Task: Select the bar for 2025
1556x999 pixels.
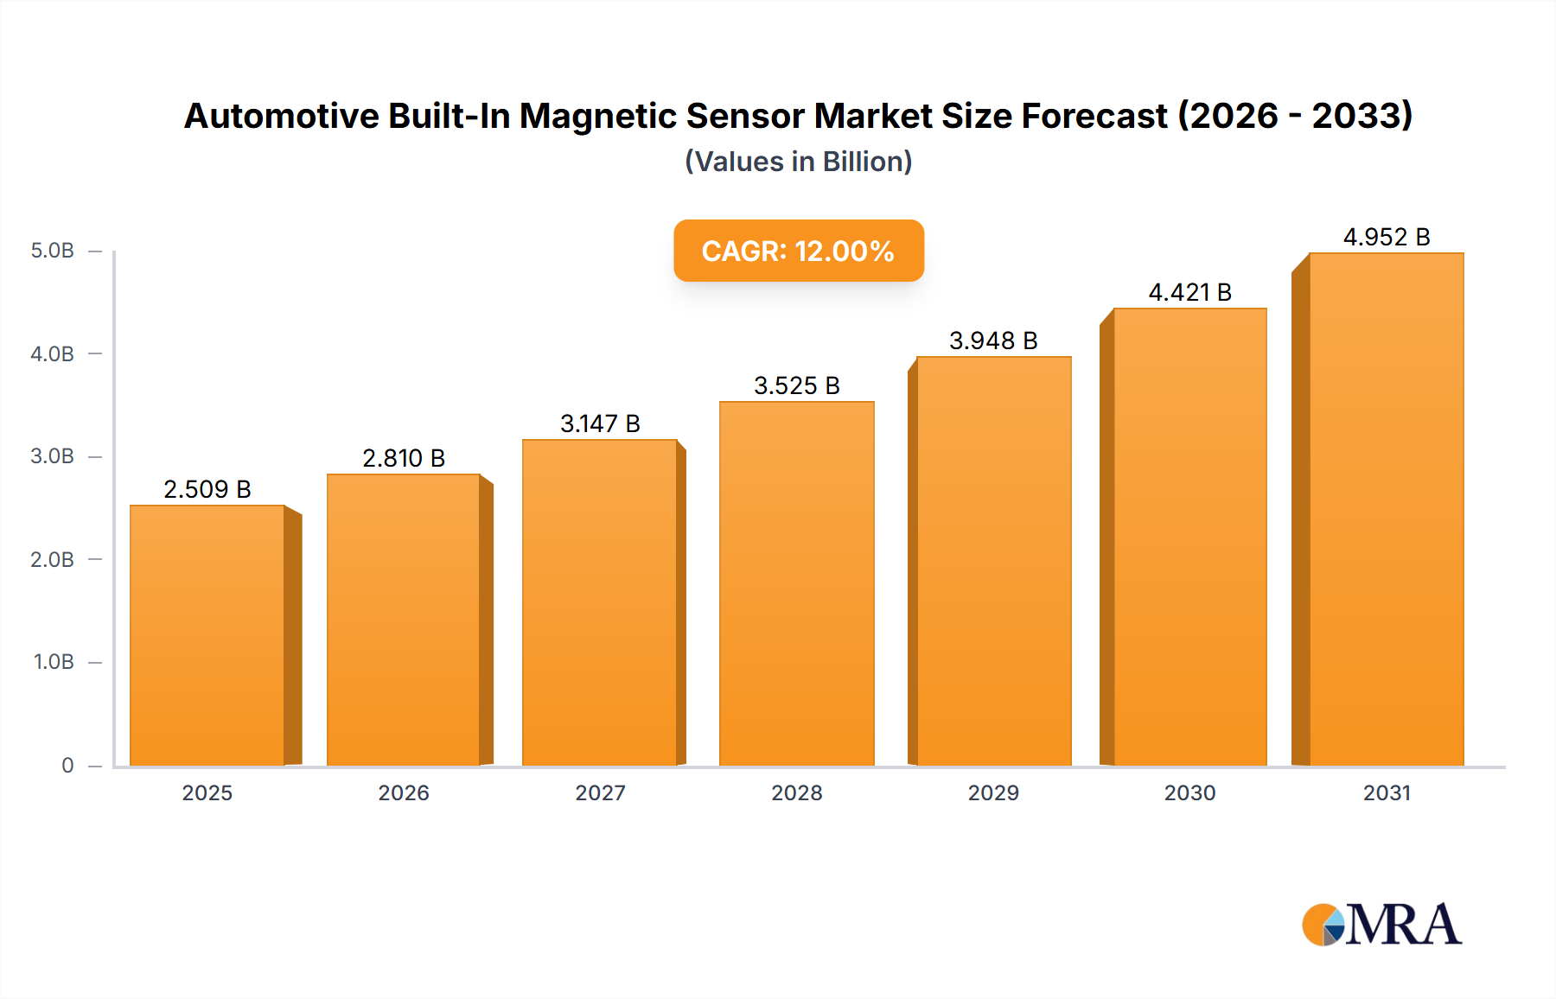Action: [207, 635]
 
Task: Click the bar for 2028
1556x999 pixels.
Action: [796, 583]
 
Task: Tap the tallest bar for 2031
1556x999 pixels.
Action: [1386, 510]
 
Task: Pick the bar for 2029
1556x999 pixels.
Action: [993, 562]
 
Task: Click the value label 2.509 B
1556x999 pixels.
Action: [207, 489]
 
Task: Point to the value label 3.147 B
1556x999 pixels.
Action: [600, 423]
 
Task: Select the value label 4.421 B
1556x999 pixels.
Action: [1189, 292]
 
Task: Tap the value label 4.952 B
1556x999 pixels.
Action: [1386, 237]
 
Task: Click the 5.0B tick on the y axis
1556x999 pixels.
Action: [52, 251]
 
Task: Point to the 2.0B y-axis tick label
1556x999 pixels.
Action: [52, 559]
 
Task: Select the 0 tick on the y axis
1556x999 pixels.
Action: [67, 765]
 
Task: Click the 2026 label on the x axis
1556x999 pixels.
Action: [404, 792]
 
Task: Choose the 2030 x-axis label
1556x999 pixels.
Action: [1189, 792]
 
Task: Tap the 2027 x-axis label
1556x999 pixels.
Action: [600, 792]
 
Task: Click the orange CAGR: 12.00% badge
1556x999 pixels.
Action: [799, 251]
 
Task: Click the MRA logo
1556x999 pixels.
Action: [1381, 925]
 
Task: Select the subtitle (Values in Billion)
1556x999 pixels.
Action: [799, 162]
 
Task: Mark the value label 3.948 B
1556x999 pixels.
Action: [993, 340]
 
